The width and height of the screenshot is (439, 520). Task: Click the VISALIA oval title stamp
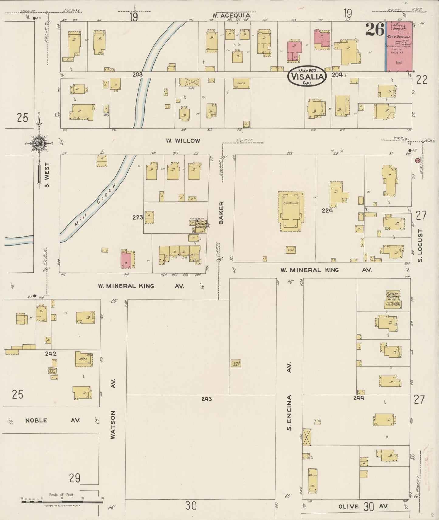pyautogui.click(x=307, y=76)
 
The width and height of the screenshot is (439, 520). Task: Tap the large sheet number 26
pyautogui.click(x=375, y=29)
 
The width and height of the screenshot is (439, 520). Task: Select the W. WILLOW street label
pyautogui.click(x=183, y=141)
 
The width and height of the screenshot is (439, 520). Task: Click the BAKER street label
pyautogui.click(x=221, y=213)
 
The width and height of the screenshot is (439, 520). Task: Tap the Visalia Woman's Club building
pyautogui.click(x=393, y=299)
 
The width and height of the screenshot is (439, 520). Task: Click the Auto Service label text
pyautogui.click(x=398, y=37)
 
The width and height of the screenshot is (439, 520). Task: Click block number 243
pyautogui.click(x=206, y=399)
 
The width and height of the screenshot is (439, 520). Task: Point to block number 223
pyautogui.click(x=138, y=217)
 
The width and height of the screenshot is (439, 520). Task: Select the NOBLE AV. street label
pyautogui.click(x=53, y=420)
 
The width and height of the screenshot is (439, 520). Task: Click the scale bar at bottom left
pyautogui.click(x=62, y=502)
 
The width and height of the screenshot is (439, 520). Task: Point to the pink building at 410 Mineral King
pyautogui.click(x=125, y=260)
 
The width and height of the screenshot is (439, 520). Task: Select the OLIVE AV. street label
pyautogui.click(x=364, y=506)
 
